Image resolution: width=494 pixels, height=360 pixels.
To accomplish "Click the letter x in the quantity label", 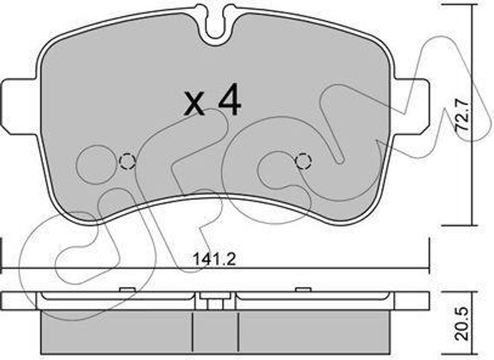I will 195,105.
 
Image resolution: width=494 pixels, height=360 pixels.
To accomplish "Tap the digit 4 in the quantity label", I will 229,101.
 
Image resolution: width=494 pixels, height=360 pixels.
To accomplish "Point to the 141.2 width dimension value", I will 214,260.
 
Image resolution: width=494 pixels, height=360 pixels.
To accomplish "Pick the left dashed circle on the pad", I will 127,161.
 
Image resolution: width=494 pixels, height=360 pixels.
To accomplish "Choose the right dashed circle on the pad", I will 303,161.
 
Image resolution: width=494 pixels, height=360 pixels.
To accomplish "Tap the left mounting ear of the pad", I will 18,105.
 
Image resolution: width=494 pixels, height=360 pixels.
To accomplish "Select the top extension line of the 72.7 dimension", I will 458,4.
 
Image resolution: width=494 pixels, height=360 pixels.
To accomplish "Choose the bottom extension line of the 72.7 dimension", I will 458,225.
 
